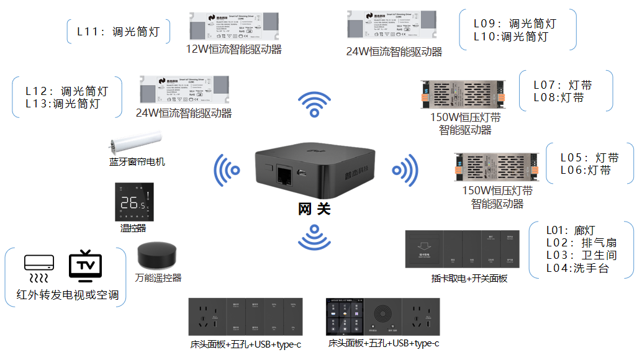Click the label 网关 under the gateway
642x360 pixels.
315,209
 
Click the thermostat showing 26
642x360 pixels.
133,202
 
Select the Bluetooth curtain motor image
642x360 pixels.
135,143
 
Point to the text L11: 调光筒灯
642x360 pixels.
118,32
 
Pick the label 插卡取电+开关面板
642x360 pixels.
469,279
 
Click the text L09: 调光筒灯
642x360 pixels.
515,24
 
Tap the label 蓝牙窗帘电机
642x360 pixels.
137,162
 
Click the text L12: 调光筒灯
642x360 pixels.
66,91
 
